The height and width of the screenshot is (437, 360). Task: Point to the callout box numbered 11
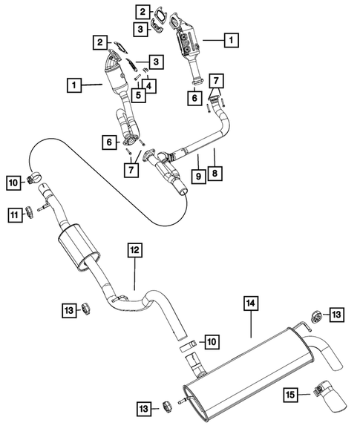(14, 215)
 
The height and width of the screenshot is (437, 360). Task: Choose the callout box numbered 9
(199, 177)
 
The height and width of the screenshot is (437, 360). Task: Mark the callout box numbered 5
(138, 95)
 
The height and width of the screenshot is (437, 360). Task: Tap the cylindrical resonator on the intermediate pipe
(78, 246)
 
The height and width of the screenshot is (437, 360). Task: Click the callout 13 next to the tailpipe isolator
(338, 315)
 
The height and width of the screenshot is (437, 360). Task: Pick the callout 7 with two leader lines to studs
(215, 79)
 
